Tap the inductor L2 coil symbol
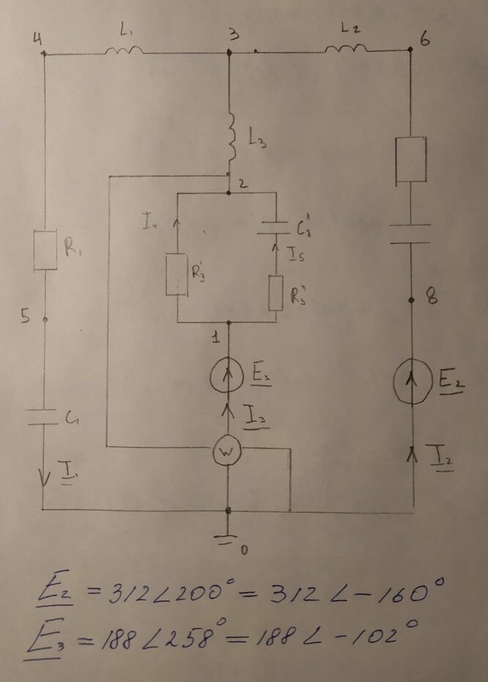[345, 49]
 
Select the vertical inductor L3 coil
[232, 136]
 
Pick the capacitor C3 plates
[275, 226]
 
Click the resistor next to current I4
[178, 275]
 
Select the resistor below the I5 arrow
[275, 292]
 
